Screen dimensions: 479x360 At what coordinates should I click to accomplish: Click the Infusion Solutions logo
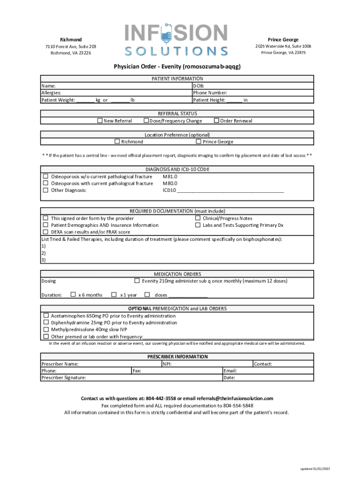176,40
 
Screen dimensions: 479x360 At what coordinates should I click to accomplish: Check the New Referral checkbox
100,121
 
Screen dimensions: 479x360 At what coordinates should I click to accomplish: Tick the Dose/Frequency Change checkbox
146,121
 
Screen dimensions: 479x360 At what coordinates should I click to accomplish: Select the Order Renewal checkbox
216,121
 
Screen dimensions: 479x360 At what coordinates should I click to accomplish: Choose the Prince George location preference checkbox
199,142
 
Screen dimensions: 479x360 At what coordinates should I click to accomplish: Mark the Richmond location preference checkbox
117,142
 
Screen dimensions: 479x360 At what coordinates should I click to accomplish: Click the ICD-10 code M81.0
170,177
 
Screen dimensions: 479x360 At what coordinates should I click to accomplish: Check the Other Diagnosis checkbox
46,190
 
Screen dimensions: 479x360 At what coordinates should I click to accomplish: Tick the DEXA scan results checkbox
46,232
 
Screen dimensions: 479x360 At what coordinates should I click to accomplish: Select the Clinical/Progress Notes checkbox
198,218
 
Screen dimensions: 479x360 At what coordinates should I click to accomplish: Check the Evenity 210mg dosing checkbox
137,281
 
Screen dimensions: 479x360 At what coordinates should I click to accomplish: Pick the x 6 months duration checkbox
73,295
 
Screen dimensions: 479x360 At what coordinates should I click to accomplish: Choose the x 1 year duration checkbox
114,295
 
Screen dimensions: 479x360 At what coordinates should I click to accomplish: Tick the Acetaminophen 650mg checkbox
46,316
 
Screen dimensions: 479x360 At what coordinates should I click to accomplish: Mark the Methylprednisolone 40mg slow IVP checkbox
46,329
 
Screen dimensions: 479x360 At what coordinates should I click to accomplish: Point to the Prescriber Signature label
64,377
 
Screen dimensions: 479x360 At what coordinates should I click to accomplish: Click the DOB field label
198,86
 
